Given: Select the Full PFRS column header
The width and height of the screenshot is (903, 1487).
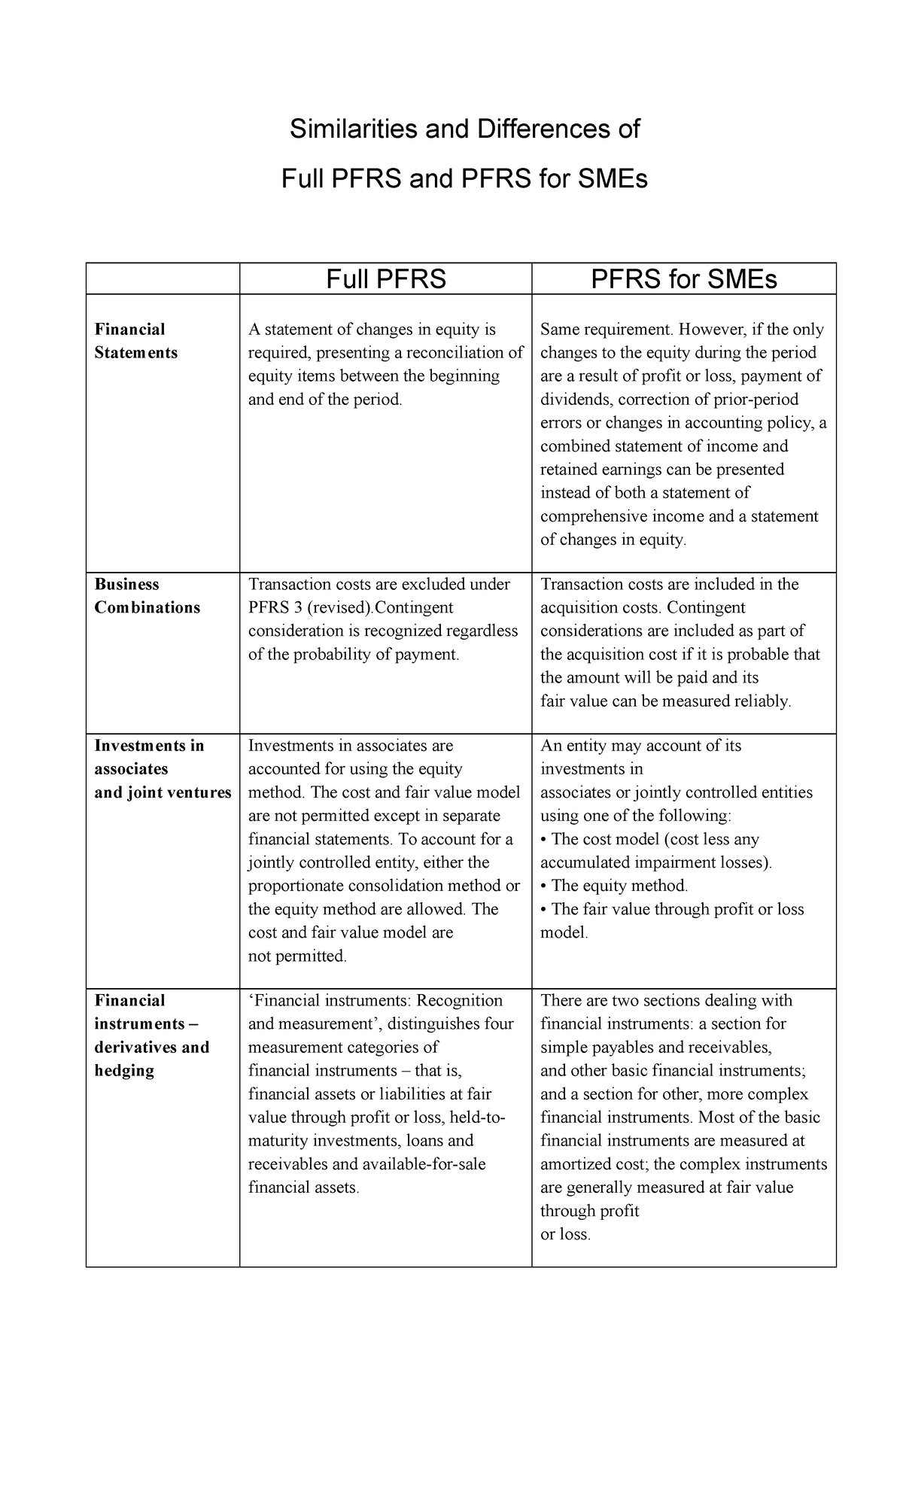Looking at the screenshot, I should (x=385, y=279).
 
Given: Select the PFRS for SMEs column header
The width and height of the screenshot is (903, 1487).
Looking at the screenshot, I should (x=683, y=279).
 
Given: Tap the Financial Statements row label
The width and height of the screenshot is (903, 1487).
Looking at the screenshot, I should (x=135, y=341).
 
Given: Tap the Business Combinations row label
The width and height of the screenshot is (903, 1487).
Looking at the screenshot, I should (x=147, y=596).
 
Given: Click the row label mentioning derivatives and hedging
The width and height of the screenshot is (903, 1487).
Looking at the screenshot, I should (x=151, y=1048).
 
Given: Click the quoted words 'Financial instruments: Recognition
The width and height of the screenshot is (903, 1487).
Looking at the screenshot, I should (x=375, y=1001).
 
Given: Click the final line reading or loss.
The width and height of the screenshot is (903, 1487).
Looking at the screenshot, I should (x=565, y=1235).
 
